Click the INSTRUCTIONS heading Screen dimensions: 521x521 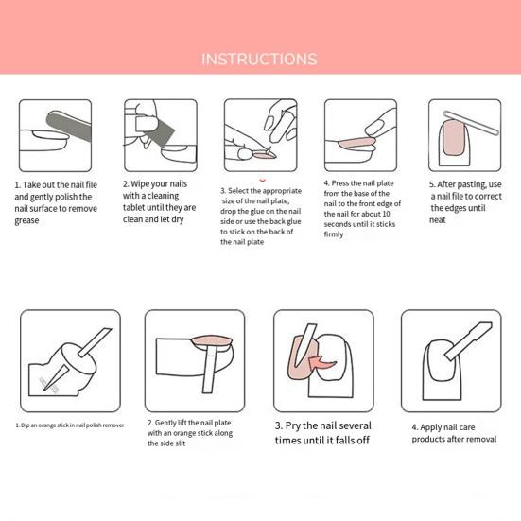259,60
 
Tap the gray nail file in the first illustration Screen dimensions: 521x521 69,126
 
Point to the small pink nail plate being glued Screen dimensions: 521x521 265,154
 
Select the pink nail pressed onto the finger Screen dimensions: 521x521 356,143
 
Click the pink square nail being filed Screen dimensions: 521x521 454,138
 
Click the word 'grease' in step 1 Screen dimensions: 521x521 26,220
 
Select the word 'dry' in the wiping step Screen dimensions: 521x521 178,219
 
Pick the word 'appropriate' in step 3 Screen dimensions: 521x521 282,191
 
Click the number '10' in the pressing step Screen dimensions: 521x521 386,214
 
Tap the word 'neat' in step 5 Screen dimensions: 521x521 438,220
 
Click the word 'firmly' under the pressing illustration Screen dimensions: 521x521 334,234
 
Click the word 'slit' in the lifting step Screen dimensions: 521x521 180,443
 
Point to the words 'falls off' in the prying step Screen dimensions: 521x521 352,441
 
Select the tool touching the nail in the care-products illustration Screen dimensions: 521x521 468,341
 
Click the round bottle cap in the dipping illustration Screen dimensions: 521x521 78,358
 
